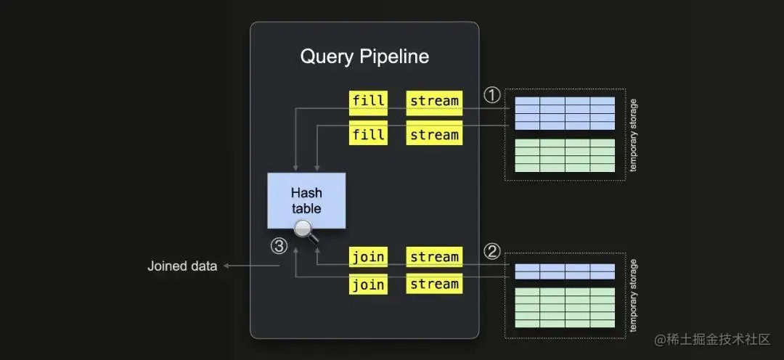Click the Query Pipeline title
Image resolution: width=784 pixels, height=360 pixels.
click(364, 57)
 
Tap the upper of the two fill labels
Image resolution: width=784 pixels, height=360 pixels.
click(368, 101)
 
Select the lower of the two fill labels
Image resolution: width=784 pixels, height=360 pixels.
click(368, 134)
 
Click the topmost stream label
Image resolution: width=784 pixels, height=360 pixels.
click(434, 101)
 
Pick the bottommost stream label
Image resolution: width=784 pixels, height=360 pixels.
click(434, 284)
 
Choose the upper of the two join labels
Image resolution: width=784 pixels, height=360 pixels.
click(368, 257)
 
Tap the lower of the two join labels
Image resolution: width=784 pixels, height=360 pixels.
click(368, 284)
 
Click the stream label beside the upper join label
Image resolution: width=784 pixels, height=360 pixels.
click(434, 257)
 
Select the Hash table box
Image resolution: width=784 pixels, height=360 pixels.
click(306, 200)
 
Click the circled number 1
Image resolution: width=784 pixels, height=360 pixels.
click(492, 96)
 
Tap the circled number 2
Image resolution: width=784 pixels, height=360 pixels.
click(492, 252)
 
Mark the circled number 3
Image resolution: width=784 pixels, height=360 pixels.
click(279, 246)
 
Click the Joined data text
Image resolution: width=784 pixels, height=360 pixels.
click(182, 266)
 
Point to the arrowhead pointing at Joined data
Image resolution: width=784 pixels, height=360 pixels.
click(226, 266)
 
